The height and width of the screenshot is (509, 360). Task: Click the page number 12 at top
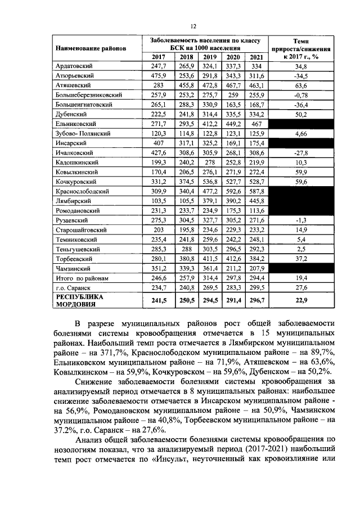192,26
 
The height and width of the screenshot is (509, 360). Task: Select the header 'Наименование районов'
90,48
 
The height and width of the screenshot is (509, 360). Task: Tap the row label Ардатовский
74,66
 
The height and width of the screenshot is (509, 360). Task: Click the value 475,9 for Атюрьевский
159,76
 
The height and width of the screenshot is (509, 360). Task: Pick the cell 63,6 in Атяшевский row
300,85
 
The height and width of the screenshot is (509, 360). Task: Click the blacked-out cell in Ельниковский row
300,124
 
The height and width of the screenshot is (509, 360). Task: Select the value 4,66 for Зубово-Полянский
300,133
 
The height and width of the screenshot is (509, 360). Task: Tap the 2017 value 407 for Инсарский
159,143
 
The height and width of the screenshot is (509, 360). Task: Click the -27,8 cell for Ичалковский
300,153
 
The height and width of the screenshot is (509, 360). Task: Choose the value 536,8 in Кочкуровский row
210,182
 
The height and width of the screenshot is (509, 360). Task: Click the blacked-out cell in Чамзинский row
300,269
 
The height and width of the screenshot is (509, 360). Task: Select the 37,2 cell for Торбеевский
300,259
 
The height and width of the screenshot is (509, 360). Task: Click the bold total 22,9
300,300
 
